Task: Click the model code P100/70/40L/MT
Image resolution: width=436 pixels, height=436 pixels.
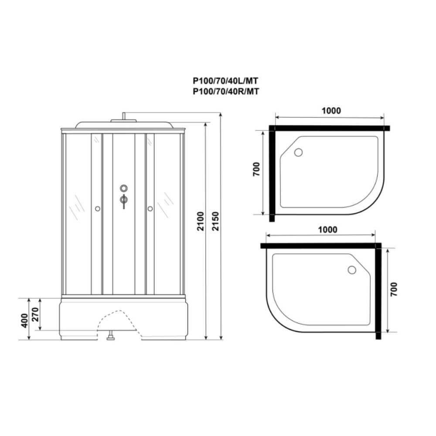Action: coord(225,81)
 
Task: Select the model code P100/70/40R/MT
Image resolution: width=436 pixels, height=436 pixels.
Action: coord(226,91)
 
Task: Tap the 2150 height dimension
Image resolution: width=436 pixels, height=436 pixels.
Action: coord(215,221)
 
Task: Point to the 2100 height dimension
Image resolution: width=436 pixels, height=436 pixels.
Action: coord(201,221)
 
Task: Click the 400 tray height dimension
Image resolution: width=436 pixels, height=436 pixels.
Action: coord(25,320)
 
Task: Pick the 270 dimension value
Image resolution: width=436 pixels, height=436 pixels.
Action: coord(35,314)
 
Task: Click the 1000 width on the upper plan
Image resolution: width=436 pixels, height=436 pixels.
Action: coord(331,111)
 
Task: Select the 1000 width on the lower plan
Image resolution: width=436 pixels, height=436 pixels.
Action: coord(327,230)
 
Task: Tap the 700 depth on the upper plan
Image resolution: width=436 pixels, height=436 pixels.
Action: coord(256,169)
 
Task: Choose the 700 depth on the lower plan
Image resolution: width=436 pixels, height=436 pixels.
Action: coord(394,289)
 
